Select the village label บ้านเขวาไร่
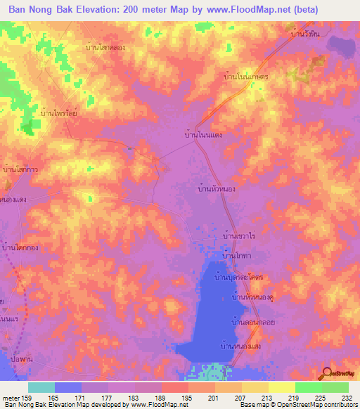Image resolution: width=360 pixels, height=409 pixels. point(238,238)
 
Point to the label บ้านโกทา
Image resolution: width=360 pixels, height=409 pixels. point(236,258)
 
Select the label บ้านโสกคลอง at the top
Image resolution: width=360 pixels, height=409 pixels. point(105,46)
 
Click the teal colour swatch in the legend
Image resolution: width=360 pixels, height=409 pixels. point(41,387)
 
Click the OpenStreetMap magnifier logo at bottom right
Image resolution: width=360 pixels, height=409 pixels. point(326,374)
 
